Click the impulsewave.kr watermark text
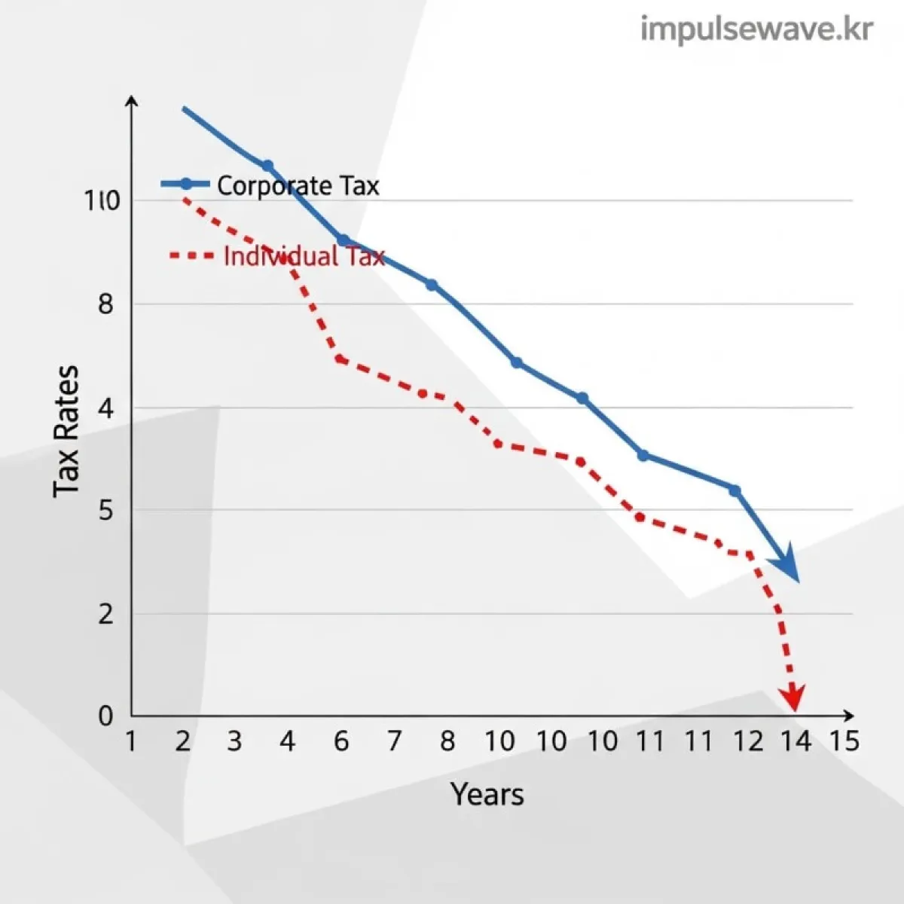756,30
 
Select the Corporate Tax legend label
298,185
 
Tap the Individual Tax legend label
304,256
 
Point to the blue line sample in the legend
185,184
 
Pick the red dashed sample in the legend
191,256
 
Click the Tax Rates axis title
66,431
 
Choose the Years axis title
487,794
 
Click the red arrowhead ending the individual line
793,699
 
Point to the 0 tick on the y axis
105,716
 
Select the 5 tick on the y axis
105,511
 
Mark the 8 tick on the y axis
105,304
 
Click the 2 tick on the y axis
105,614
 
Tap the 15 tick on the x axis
844,741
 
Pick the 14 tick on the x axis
796,741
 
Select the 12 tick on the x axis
747,741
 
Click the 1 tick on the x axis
131,741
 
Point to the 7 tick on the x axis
394,741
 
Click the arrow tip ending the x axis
852,715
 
